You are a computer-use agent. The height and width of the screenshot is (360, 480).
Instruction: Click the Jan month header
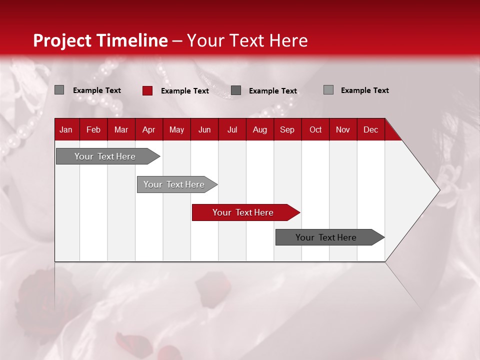tap(66, 129)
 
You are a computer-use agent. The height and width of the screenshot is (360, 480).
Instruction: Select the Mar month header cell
tap(121, 129)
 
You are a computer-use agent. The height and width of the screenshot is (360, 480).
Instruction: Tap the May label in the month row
tap(176, 129)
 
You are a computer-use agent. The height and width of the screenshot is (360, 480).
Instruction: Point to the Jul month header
tap(232, 129)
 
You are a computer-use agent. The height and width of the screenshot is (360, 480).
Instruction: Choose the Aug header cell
tap(259, 129)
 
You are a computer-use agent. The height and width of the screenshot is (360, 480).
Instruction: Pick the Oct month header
tap(315, 129)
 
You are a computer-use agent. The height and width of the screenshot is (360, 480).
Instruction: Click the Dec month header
tap(370, 129)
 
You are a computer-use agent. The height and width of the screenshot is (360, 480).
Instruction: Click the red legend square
tap(147, 90)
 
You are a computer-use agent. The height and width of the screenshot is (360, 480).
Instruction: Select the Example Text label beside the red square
tap(185, 91)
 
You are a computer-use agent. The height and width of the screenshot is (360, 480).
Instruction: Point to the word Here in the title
tap(288, 40)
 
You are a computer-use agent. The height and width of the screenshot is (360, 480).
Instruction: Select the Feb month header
tap(93, 129)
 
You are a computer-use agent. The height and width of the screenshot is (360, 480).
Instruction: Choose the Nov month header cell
tap(343, 129)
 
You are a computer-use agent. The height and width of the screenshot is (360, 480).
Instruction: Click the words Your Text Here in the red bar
tap(242, 212)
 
